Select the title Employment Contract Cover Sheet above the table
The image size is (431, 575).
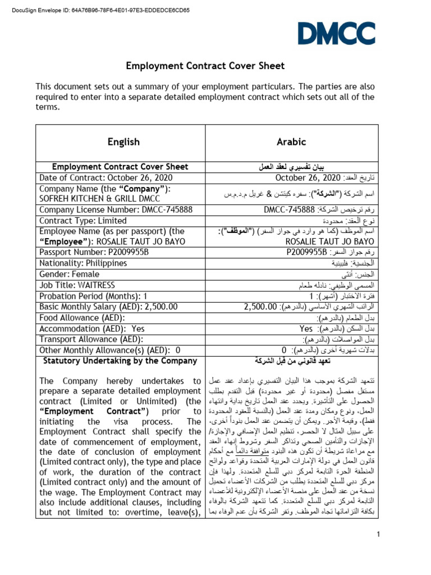[x=205, y=66]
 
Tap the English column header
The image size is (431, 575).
[x=123, y=142]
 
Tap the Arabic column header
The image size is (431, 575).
[x=291, y=142]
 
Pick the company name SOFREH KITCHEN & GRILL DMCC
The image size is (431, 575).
[x=99, y=199]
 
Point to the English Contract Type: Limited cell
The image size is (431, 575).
[x=83, y=221]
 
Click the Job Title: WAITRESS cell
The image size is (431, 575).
[x=74, y=285]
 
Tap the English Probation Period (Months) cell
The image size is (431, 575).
[x=93, y=296]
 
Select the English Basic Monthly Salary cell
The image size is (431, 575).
[x=108, y=307]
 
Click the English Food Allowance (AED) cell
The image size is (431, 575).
[x=81, y=318]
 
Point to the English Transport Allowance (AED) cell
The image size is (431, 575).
[x=91, y=339]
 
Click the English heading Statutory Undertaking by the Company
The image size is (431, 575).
[x=120, y=361]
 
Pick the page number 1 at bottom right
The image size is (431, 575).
[x=379, y=534]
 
